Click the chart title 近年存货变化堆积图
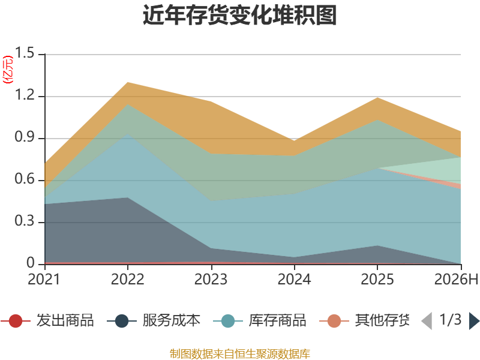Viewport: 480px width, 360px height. [239, 15]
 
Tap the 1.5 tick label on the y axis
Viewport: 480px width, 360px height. [25, 53]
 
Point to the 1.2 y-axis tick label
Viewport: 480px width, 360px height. [25, 95]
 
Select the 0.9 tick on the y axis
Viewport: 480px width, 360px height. [25, 137]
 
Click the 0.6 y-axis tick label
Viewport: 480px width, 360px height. [25, 179]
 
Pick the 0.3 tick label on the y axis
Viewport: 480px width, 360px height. [25, 221]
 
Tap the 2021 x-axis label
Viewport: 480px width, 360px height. [44, 279]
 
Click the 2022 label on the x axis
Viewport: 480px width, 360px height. [127, 279]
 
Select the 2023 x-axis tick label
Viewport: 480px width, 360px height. [211, 279]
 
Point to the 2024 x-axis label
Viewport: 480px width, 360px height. [294, 279]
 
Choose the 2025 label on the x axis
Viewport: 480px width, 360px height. [377, 279]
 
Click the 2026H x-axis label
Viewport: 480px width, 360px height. [456, 279]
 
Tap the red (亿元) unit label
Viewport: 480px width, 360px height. [8, 70]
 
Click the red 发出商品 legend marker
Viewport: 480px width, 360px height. [16, 321]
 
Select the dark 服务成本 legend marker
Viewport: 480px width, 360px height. [122, 321]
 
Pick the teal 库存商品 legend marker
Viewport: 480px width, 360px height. [228, 321]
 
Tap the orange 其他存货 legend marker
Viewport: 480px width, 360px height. [334, 321]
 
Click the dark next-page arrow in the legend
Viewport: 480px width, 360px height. [474, 321]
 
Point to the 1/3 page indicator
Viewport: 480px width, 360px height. [451, 320]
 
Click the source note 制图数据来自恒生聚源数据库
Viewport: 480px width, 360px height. [240, 354]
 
